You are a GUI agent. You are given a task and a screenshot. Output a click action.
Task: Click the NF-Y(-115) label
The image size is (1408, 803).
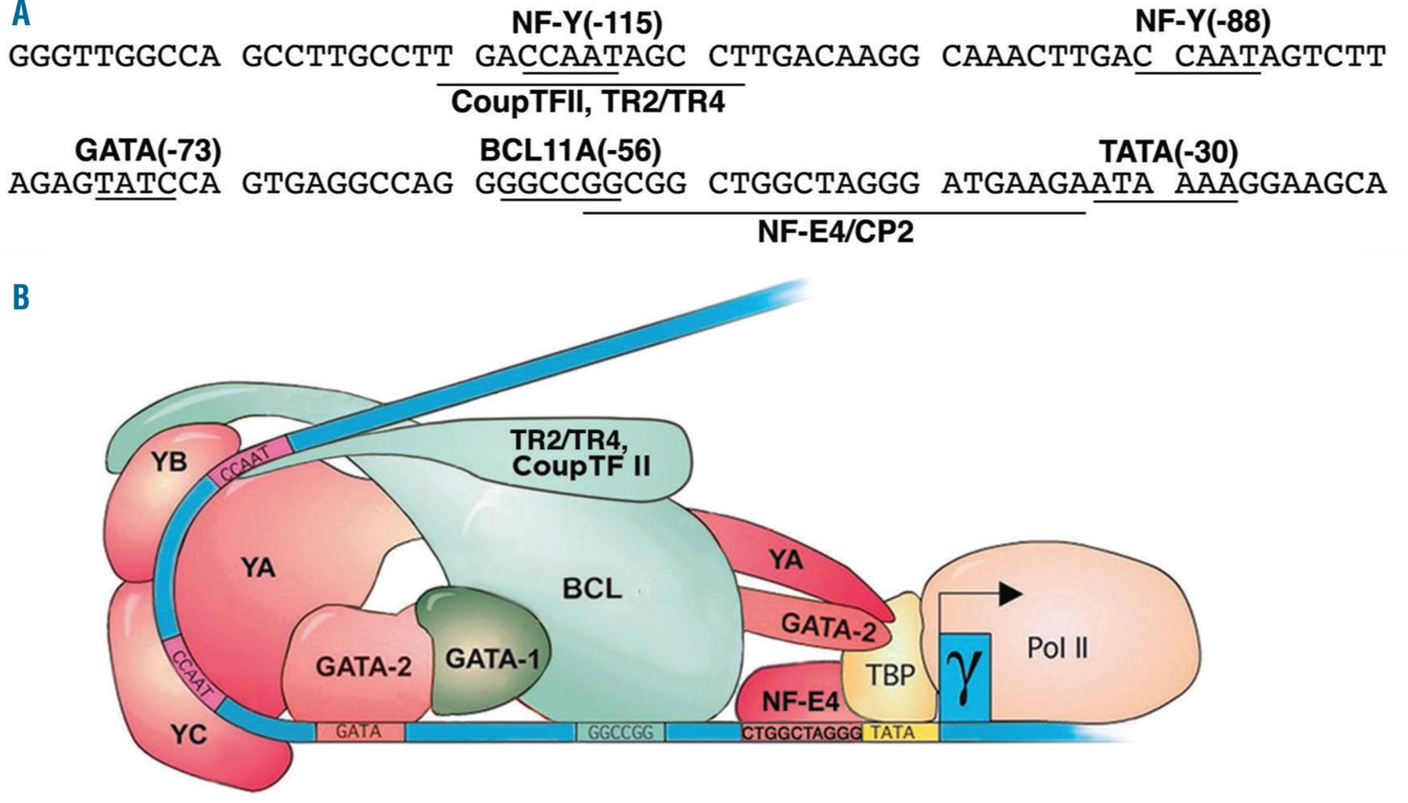(587, 23)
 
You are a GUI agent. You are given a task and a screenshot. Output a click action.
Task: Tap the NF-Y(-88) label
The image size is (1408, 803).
(1202, 21)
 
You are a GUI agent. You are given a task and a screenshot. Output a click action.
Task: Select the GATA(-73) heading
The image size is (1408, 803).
(148, 150)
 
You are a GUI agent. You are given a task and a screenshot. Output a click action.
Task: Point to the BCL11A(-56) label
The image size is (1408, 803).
(570, 150)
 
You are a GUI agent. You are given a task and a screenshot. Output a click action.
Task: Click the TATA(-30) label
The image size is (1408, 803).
(1168, 151)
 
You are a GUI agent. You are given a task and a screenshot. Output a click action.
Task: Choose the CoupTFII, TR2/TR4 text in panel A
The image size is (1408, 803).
(588, 102)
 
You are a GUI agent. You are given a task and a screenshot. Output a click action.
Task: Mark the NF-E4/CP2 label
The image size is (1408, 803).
(835, 231)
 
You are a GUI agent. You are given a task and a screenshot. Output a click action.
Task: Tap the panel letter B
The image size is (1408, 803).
(21, 297)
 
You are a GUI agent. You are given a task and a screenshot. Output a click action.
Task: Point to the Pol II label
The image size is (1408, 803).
(1058, 648)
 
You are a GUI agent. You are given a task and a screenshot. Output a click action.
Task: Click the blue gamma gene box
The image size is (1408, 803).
(965, 677)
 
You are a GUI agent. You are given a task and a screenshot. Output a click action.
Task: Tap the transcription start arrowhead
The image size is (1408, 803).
(1011, 594)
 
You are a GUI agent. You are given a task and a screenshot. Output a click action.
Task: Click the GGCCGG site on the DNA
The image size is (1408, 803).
(620, 733)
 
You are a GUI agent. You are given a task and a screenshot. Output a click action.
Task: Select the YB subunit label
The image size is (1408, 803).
(169, 461)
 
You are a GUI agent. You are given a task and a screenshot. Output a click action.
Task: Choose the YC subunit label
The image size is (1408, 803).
(189, 734)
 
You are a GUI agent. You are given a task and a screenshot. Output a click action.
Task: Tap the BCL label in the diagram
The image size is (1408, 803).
(592, 588)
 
